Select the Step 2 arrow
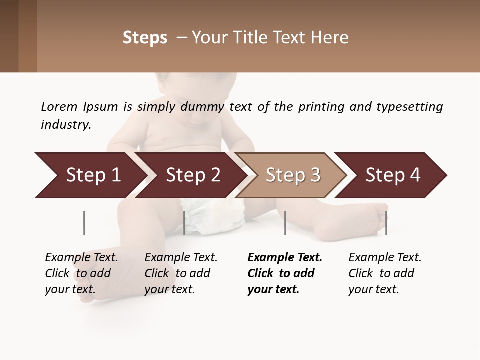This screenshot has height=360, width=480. coord(192,175)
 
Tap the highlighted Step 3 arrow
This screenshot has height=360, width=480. coord(292,175)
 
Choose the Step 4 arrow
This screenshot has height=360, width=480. coord(392,175)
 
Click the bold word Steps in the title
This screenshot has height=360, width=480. coord(145,38)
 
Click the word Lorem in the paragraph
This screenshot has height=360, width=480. coord(59,107)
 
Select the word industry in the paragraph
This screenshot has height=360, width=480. coord(65,124)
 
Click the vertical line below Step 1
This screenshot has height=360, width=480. coord(84,223)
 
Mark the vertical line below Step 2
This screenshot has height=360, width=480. coord(184,223)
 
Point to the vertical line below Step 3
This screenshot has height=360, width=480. coord(285,223)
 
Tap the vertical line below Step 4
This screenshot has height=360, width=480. coord(386,223)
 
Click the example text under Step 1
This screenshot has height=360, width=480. coord(81,273)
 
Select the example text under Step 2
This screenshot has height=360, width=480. coord(180,273)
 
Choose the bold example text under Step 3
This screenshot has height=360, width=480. coord(284,273)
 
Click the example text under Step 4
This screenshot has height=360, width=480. coord(384,273)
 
